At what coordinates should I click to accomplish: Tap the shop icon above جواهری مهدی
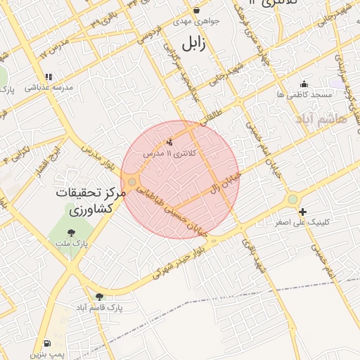pyautogui.click(x=196, y=11)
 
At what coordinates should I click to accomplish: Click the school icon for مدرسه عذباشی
pyautogui.click(x=48, y=77)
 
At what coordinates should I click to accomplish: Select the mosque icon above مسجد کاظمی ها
pyautogui.click(x=304, y=84)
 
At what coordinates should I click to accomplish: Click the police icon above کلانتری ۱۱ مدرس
pyautogui.click(x=169, y=142)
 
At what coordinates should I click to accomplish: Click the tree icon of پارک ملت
pyautogui.click(x=70, y=233)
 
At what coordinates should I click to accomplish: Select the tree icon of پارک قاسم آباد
pyautogui.click(x=99, y=297)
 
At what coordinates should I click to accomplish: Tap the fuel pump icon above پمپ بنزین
pyautogui.click(x=46, y=343)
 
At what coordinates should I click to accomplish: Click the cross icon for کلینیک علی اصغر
pyautogui.click(x=302, y=212)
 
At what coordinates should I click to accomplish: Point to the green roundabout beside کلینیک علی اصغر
pyautogui.click(x=292, y=200)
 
